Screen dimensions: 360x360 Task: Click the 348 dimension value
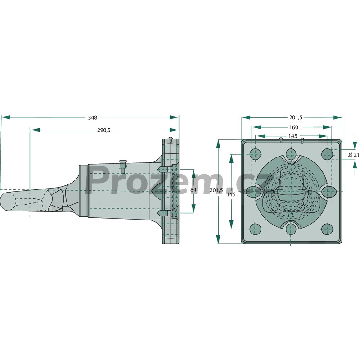click(x=93, y=117)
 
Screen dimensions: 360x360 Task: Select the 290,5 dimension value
click(x=104, y=130)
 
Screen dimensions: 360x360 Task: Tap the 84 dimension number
click(x=193, y=189)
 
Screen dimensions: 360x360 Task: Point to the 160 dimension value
click(x=294, y=127)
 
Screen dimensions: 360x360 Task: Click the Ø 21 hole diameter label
click(x=354, y=155)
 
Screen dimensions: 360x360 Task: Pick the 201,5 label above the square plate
click(x=296, y=117)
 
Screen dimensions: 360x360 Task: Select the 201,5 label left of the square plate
click(x=216, y=190)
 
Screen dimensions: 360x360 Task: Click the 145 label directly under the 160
click(x=293, y=136)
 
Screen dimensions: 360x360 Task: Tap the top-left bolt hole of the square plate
click(x=255, y=154)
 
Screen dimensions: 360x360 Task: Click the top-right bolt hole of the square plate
click(x=327, y=154)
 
